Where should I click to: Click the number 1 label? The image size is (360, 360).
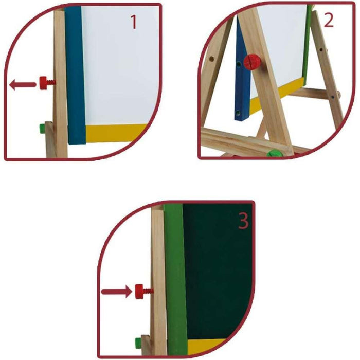(134, 22)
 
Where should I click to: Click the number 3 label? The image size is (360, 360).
(243, 221)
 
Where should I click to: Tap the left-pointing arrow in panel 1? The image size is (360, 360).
(23, 84)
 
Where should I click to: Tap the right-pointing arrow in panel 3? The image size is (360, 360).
(117, 292)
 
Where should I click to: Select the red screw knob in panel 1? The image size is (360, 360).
(47, 83)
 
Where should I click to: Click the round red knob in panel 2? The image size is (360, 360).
(252, 62)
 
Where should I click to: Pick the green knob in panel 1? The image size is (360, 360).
(43, 129)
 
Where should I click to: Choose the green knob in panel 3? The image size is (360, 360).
(138, 343)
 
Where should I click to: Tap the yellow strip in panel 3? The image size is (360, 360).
(205, 347)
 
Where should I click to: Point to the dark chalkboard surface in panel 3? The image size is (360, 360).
(218, 271)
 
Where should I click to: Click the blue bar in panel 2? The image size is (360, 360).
(242, 69)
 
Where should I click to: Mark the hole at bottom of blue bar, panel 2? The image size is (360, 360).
(238, 113)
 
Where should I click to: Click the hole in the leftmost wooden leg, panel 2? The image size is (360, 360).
(212, 59)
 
